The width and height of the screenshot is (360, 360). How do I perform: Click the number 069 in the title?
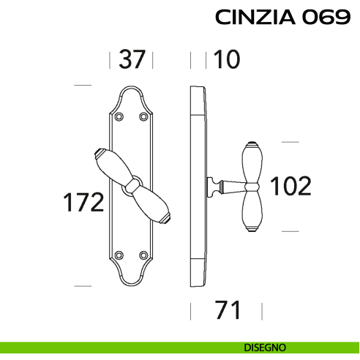pos(326,18)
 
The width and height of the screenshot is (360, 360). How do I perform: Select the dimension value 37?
pos(132,59)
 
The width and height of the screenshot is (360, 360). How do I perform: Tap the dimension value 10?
pos(226,59)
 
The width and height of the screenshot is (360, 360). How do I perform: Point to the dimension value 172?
pos(81,202)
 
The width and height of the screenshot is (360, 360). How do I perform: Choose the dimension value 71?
pos(228,310)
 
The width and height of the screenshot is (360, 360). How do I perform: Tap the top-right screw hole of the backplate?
pos(143,116)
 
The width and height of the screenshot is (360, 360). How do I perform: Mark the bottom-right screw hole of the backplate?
pos(143,255)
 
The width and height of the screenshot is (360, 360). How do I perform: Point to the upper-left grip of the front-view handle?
pos(110,164)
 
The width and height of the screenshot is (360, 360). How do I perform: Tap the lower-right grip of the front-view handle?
pos(154,206)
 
